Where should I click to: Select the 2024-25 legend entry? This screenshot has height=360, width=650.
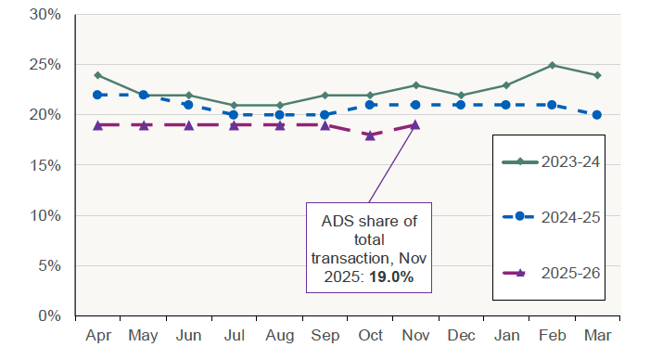546,215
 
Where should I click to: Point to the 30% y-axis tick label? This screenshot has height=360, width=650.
45,15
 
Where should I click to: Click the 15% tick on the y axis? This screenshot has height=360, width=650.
45,165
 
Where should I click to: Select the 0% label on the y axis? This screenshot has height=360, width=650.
49,315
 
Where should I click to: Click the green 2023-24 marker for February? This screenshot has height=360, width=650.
552,65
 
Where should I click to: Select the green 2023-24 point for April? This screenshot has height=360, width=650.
97,75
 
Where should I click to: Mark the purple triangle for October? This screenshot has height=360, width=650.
370,135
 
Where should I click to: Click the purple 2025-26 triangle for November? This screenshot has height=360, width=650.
415,124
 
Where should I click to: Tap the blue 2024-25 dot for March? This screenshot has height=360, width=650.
597,115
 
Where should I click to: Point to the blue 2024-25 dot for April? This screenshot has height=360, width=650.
97,95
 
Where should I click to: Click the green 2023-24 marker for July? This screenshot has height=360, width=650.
234,105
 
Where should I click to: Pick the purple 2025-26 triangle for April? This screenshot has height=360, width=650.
97,124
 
